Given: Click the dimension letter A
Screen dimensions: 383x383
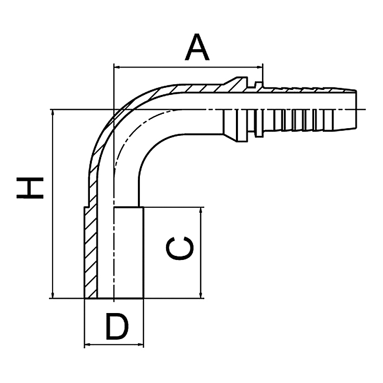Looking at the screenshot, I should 198,48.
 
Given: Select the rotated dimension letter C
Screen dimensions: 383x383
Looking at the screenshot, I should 180,249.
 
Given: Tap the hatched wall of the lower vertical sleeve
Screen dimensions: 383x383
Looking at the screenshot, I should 90,255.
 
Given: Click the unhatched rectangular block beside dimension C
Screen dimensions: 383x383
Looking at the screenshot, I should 129,253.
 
